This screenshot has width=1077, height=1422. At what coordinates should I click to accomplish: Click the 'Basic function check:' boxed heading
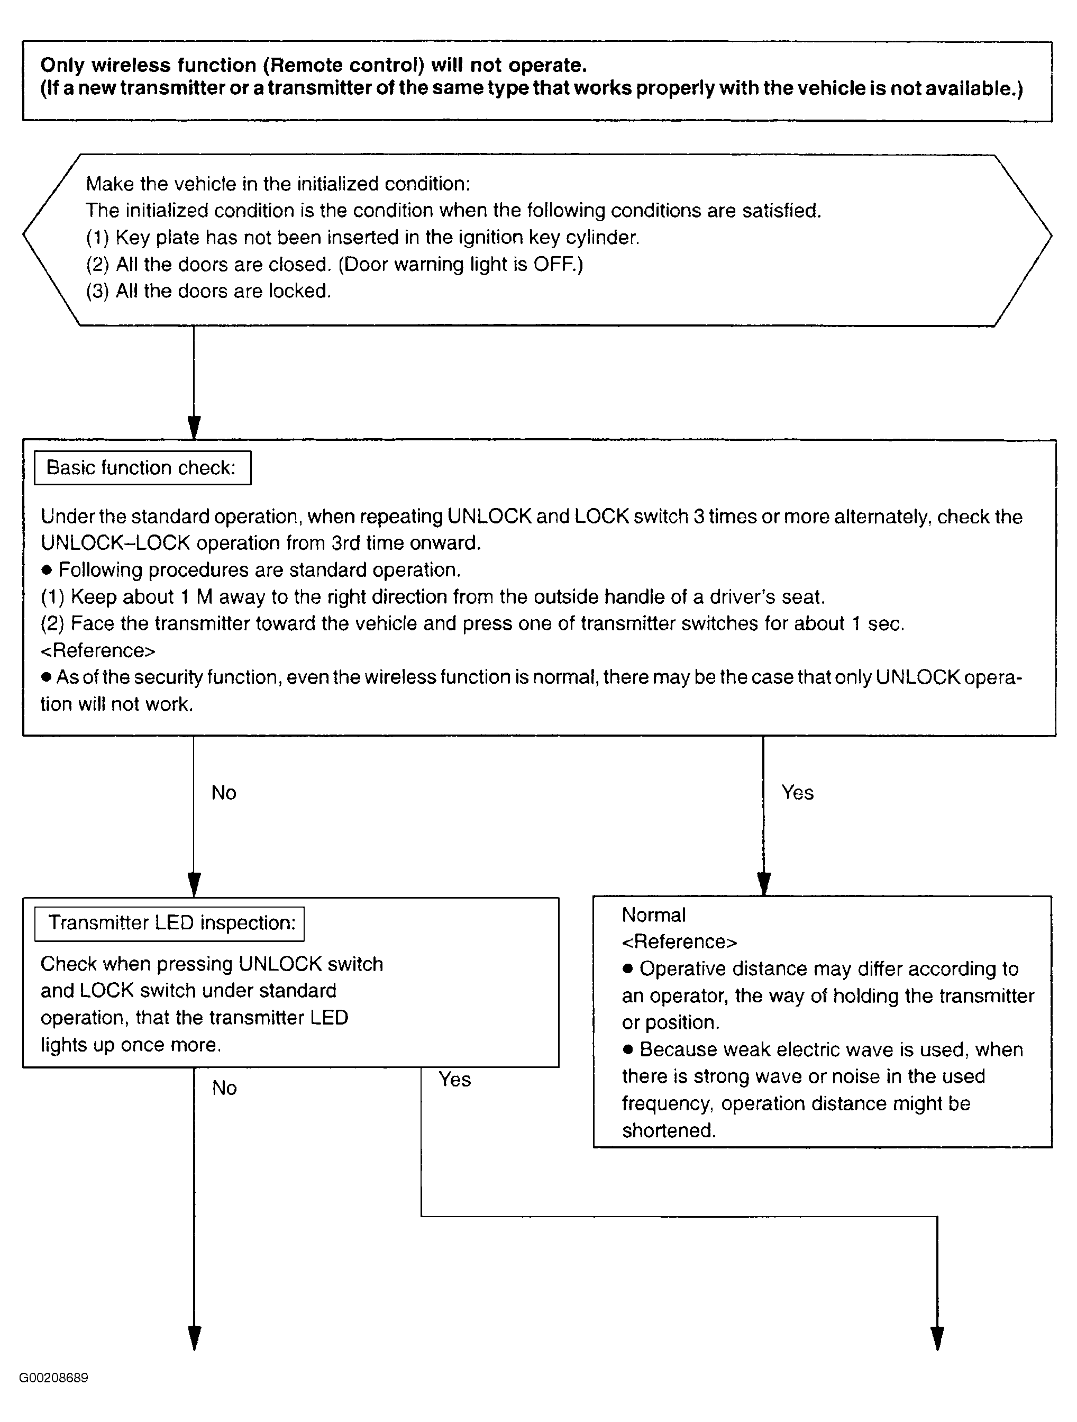tap(141, 468)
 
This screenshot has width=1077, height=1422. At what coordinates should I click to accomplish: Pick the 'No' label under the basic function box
tap(224, 793)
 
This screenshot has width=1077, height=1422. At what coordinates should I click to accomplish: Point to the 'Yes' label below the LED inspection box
tap(454, 1080)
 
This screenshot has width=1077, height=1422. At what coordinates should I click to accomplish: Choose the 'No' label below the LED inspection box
tap(224, 1088)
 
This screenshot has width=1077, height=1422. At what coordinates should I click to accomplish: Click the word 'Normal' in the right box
tap(653, 915)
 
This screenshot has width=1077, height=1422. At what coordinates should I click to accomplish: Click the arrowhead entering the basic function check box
tap(194, 428)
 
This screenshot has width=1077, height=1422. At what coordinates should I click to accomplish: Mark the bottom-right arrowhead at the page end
tap(937, 1338)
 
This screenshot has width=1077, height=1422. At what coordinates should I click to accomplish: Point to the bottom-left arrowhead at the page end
tap(194, 1338)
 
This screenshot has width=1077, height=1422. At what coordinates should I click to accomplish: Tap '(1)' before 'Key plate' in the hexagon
tap(98, 238)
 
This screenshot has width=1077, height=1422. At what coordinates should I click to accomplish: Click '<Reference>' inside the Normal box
tap(679, 942)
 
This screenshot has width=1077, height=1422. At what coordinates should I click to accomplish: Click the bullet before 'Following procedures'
tap(46, 570)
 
